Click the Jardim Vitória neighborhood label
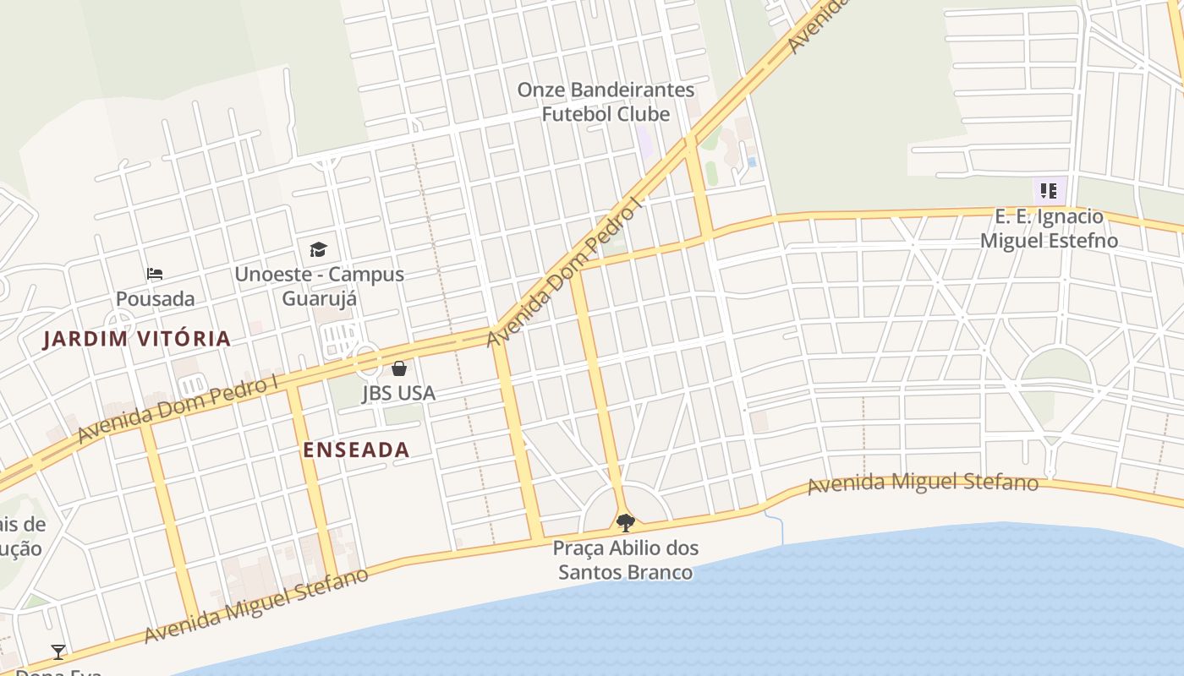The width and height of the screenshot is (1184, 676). (136, 339)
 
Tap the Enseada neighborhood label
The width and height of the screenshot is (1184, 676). (356, 450)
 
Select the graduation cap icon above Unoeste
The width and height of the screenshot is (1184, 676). (318, 249)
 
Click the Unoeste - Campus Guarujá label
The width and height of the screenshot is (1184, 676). (319, 286)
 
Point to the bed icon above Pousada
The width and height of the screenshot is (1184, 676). (154, 274)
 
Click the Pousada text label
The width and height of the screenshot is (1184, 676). (155, 299)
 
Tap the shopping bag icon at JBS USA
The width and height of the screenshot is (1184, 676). (399, 368)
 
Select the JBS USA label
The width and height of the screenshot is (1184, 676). (398, 393)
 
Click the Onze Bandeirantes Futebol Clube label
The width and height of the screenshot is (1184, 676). (606, 101)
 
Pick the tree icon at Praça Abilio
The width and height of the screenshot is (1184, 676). (626, 522)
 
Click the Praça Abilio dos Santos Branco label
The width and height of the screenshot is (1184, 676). (626, 560)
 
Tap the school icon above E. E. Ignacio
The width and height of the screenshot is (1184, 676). (1049, 191)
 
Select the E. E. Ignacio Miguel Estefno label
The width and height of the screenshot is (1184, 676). (1049, 228)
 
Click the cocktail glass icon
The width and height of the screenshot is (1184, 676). (58, 651)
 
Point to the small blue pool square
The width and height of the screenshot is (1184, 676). (751, 161)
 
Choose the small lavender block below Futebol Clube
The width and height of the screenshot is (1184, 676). (644, 142)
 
